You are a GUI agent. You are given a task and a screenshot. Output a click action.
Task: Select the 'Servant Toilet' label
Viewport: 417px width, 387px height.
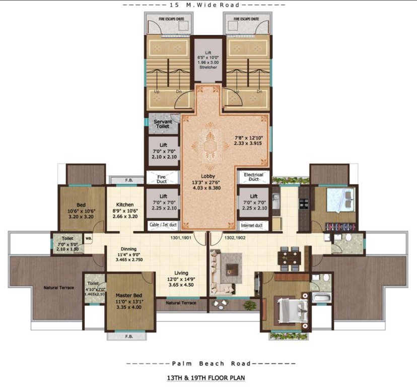pos(162,124)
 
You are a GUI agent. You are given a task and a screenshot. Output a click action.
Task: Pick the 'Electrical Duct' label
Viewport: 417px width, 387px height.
pos(253,176)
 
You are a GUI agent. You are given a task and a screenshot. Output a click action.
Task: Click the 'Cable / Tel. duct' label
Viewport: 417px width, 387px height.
pos(162,225)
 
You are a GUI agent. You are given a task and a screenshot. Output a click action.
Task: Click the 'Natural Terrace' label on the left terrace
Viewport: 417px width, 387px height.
pos(58,288)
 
